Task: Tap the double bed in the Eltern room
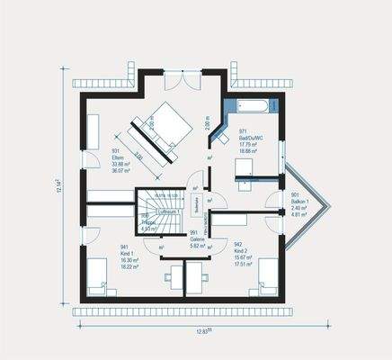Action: tap(162, 130)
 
